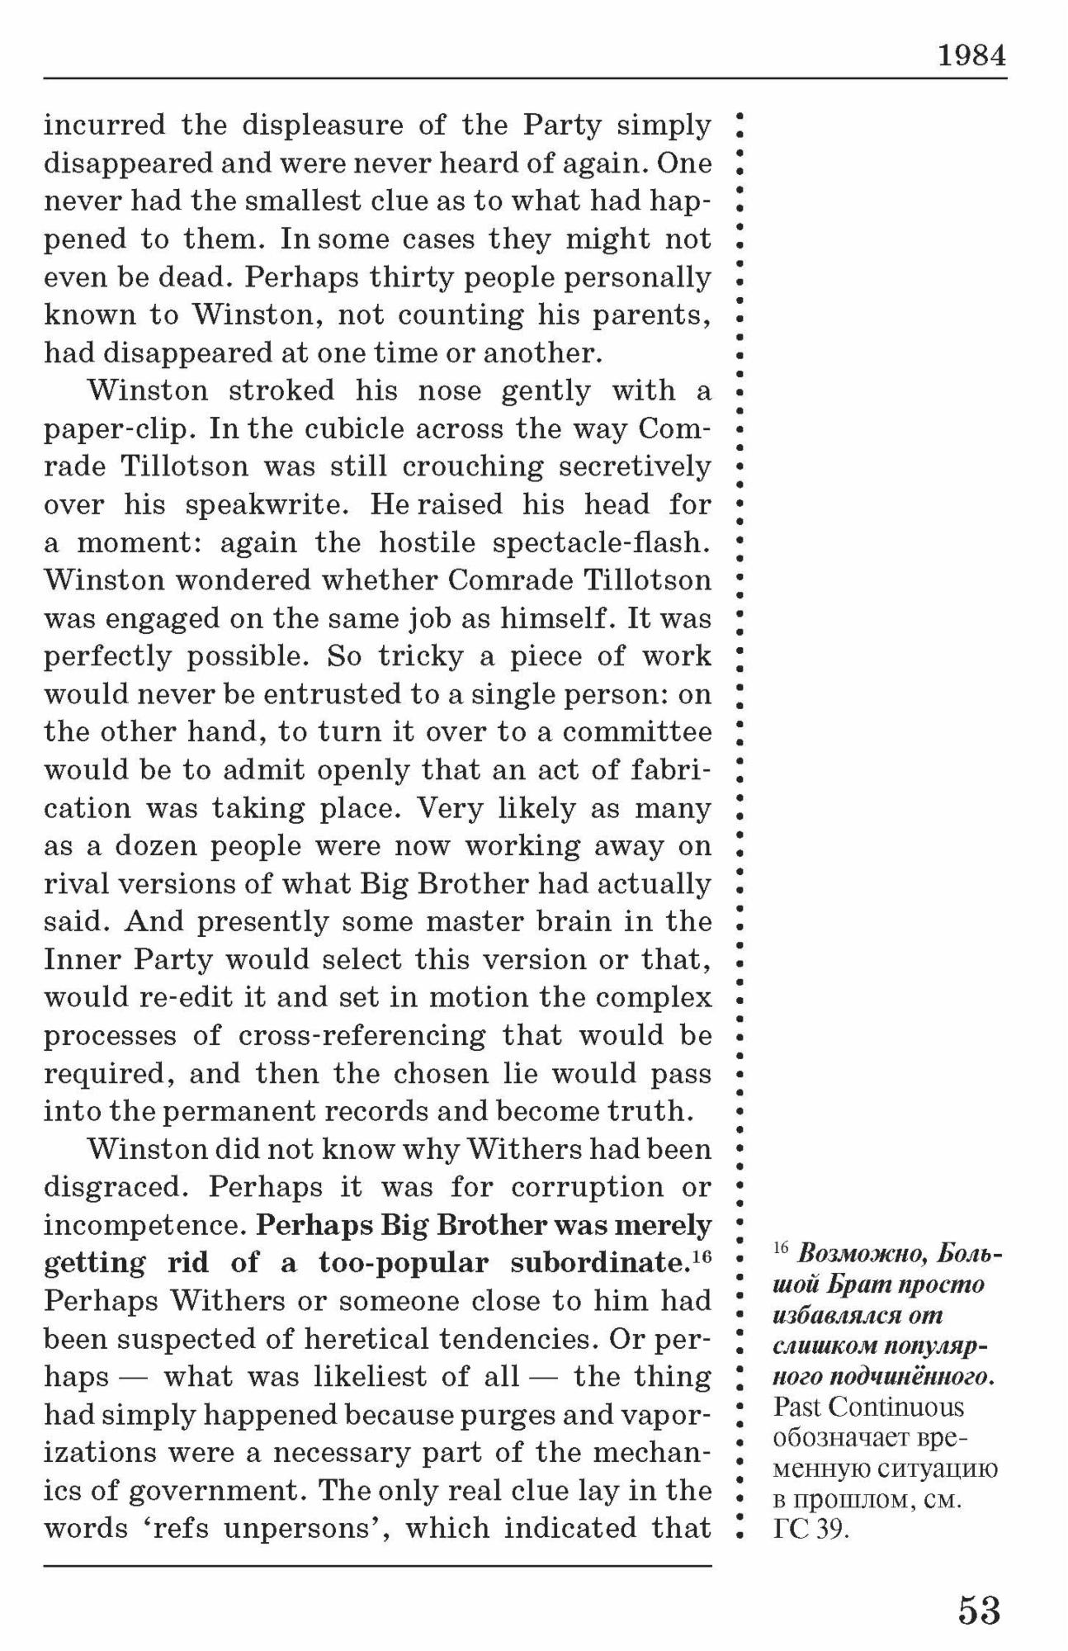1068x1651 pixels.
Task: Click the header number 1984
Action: click(972, 56)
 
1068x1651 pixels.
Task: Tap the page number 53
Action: click(979, 1611)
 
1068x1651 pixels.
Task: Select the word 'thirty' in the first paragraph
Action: click(399, 277)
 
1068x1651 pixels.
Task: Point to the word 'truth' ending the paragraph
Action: click(648, 1112)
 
